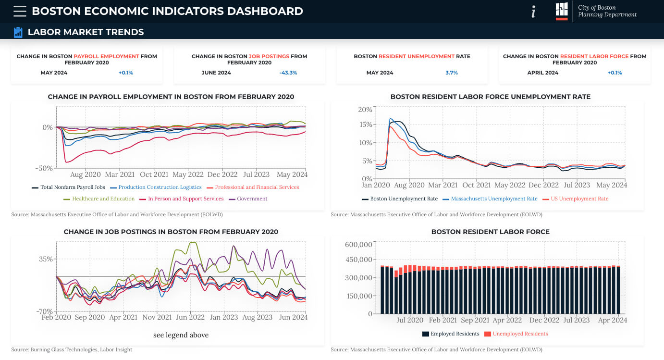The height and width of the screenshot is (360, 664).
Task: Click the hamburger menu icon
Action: coord(20,11)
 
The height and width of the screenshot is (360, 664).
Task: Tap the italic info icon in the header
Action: coord(533,12)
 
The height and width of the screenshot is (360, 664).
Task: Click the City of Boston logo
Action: coord(562,11)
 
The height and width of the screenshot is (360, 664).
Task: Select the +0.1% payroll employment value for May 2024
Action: coord(126,73)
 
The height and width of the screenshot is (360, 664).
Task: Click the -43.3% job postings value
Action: coord(288,73)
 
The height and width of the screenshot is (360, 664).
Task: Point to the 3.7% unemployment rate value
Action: coord(452,73)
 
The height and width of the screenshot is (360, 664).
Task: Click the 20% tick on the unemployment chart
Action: coord(365,110)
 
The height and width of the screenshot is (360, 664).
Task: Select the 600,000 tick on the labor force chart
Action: coord(359,245)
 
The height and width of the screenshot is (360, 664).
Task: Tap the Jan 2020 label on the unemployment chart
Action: coord(376,185)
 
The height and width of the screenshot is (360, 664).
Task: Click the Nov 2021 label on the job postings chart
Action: coord(157,318)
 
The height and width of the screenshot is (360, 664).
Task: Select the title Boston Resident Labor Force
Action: coord(490,232)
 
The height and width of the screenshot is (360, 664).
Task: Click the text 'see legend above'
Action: coord(181,335)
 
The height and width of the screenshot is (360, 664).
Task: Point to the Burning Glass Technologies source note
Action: coord(72,350)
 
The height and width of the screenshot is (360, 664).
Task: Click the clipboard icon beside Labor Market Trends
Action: coord(18,32)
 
